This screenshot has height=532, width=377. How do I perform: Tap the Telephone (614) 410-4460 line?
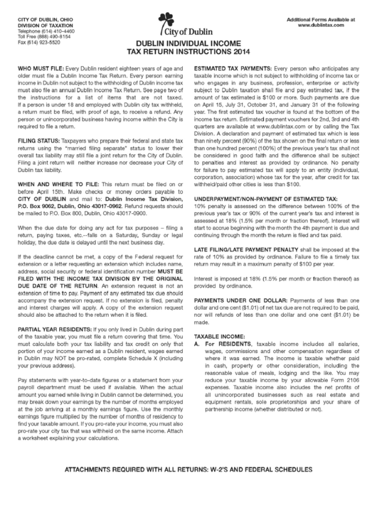click(x=46, y=33)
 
